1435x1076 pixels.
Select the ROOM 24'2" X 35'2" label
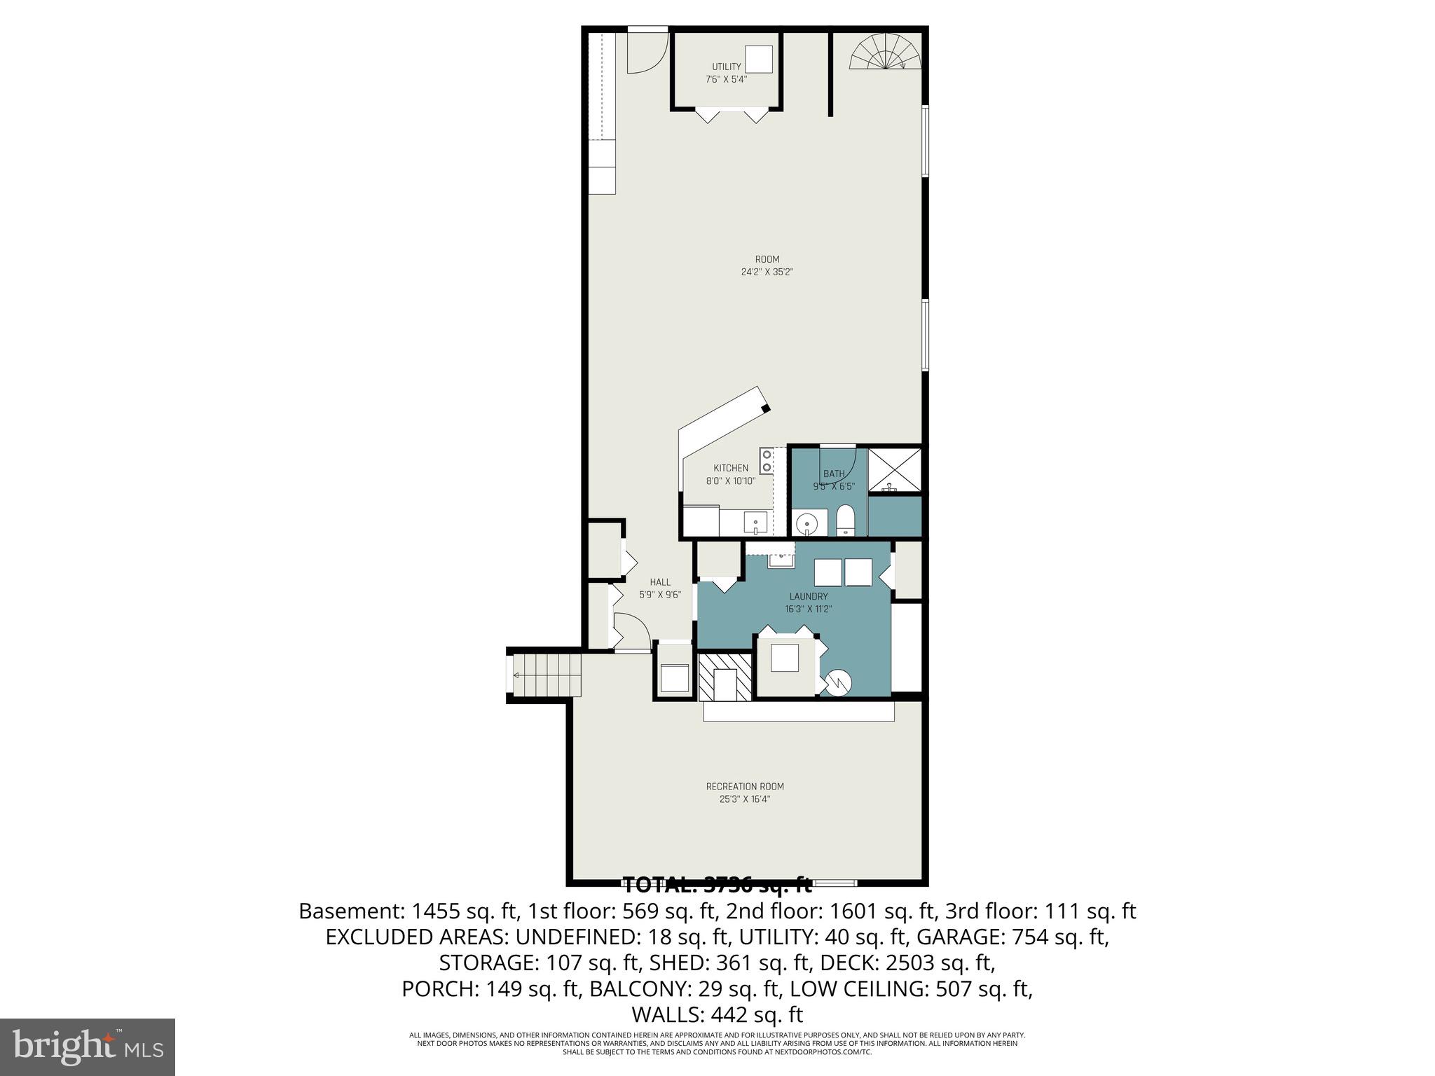767,265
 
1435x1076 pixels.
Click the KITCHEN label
731,468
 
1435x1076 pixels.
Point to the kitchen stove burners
767,460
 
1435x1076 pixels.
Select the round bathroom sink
808,523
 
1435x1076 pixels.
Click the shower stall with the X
894,470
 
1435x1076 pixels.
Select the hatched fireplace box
725,676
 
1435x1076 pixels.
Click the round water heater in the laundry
837,682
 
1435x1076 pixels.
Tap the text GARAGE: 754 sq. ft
1012,937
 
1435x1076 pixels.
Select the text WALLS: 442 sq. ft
717,1014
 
